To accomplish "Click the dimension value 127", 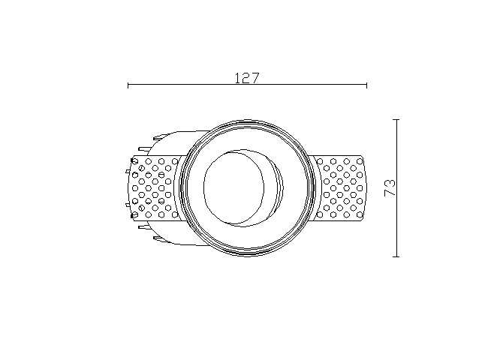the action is [246, 78].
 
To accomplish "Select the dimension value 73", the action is [390, 187].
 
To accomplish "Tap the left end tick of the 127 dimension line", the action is [128, 85].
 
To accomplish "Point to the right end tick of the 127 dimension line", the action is [366, 85].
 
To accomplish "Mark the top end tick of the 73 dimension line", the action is [396, 119].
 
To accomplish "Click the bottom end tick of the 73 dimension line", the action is [396, 256].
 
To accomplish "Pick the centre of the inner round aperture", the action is [234, 187].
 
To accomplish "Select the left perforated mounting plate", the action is [154, 187].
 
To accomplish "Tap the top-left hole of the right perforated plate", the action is [320, 161].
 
